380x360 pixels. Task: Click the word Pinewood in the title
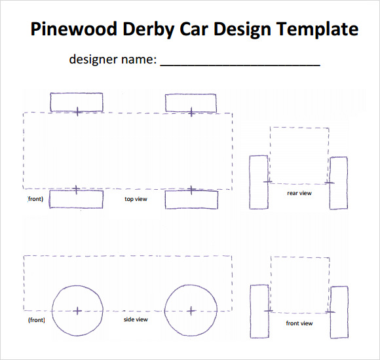click(x=73, y=29)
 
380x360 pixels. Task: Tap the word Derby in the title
click(x=149, y=29)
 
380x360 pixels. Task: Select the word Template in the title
click(x=318, y=29)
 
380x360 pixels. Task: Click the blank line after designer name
click(x=240, y=65)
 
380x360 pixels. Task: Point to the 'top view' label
click(x=136, y=199)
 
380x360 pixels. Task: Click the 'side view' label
click(x=136, y=319)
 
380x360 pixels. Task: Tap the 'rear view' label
click(x=299, y=193)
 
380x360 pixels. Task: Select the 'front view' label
click(x=299, y=323)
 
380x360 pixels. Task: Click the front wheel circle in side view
click(x=52, y=311)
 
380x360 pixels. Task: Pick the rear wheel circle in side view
click(x=164, y=311)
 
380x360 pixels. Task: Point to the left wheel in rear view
click(x=250, y=183)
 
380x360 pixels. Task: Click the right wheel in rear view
click(x=347, y=183)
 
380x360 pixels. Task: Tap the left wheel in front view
click(x=250, y=312)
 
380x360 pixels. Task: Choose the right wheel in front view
click(x=348, y=312)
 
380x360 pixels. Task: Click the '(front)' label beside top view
click(x=35, y=199)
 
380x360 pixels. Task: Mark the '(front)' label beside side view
click(x=37, y=320)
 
